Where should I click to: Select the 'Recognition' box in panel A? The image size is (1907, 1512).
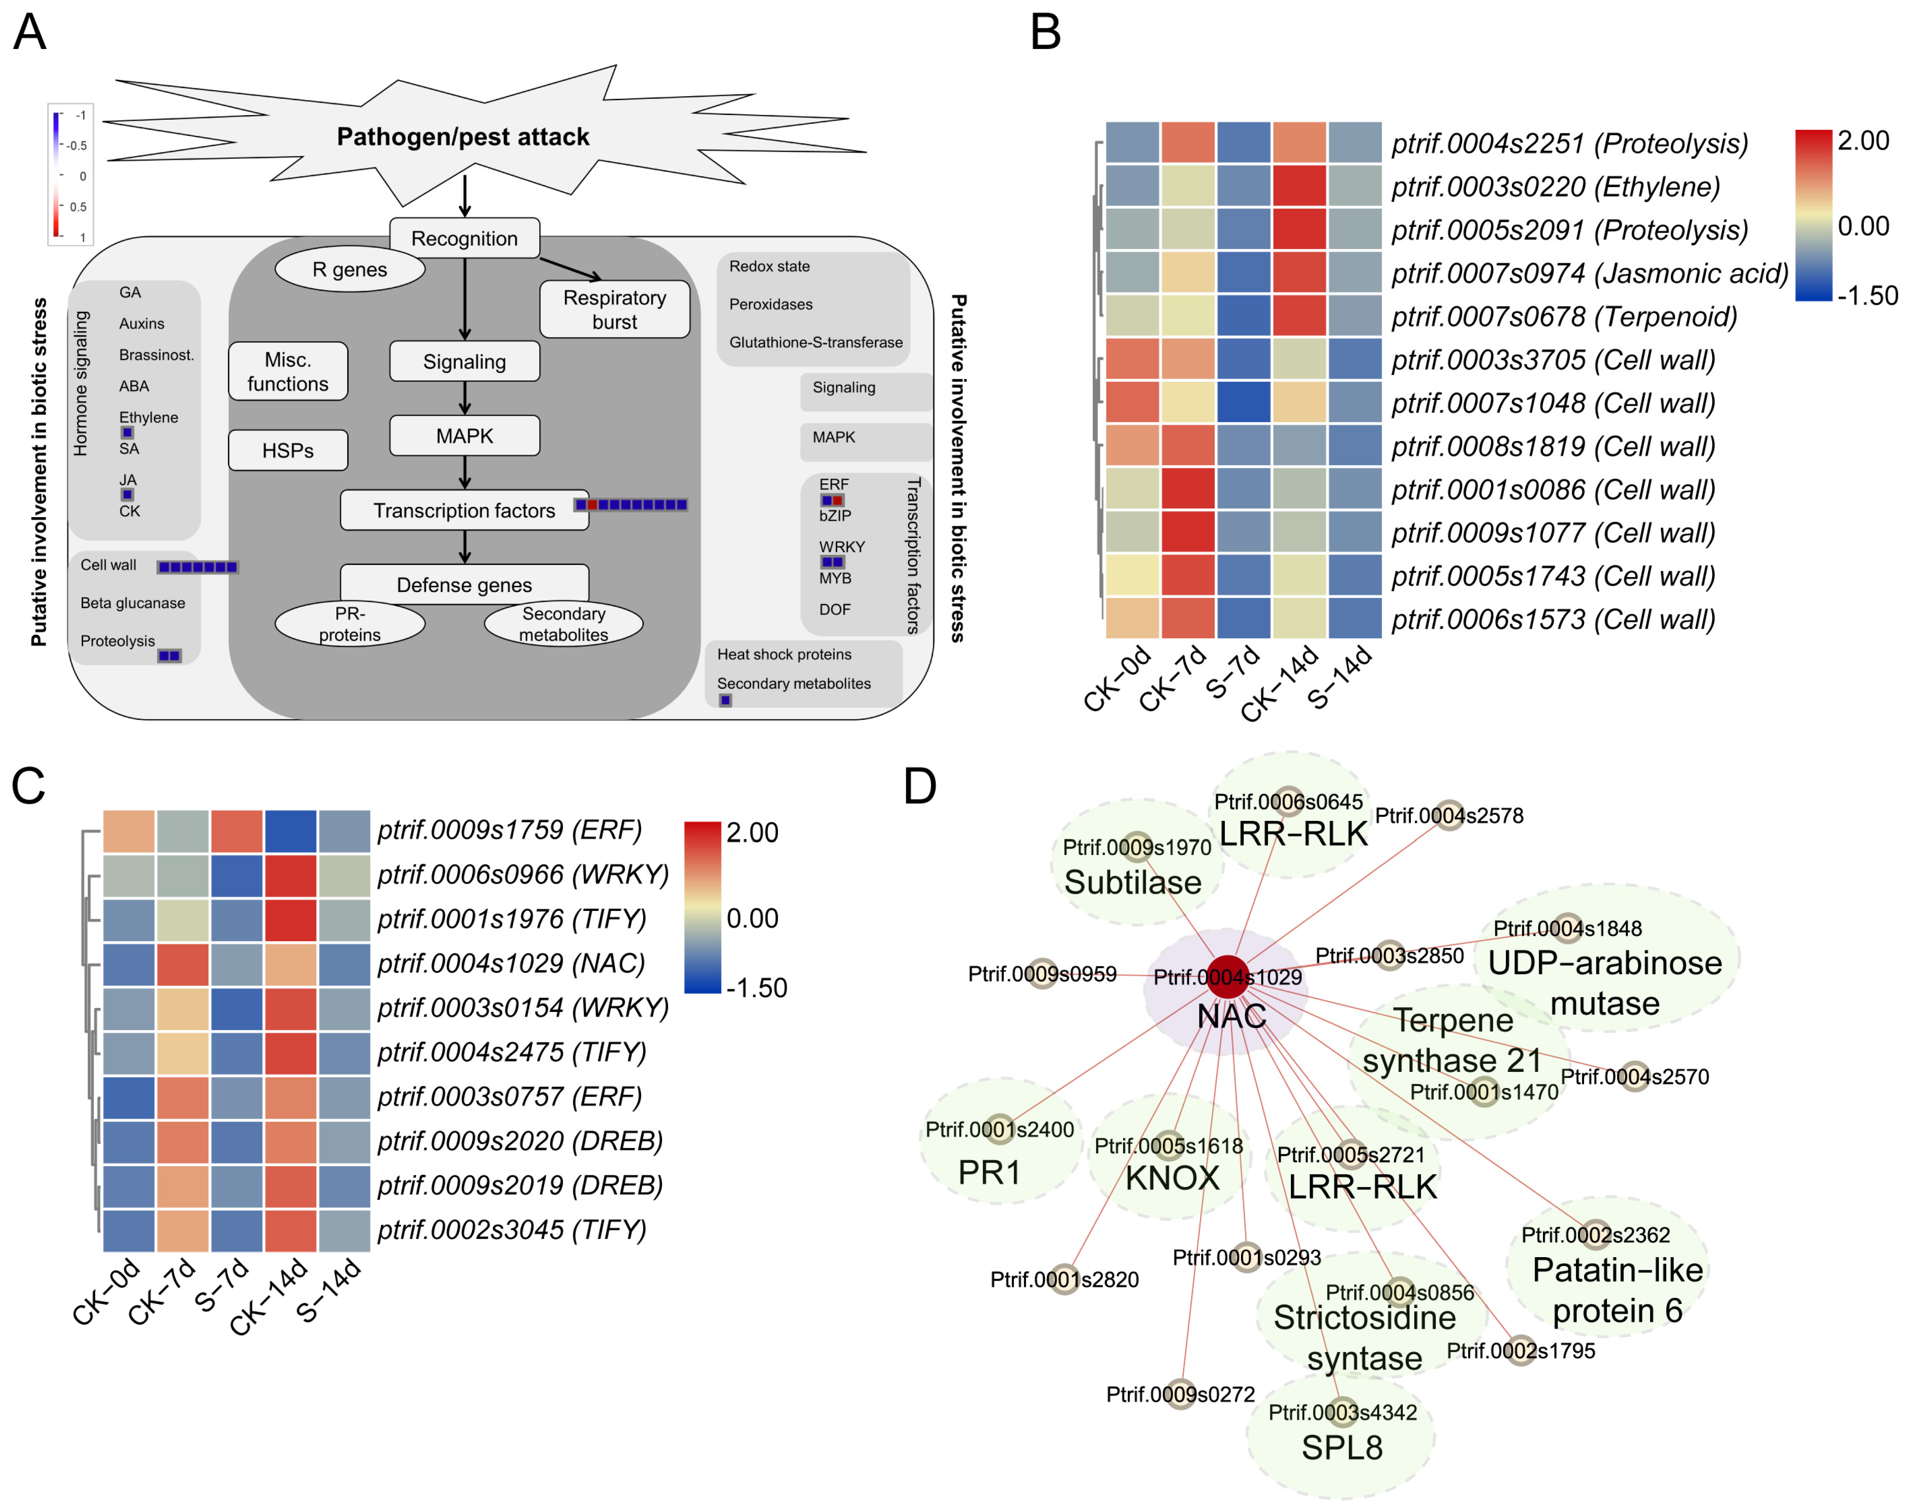pyautogui.click(x=465, y=238)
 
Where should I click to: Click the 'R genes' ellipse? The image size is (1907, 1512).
pyautogui.click(x=350, y=269)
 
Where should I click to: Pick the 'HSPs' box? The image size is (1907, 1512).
pyautogui.click(x=288, y=450)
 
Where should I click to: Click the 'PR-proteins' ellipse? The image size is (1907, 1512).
pyautogui.click(x=350, y=624)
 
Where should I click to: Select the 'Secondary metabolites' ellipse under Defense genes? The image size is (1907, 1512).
pyautogui.click(x=563, y=624)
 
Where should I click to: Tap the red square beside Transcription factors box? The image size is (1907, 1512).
pyautogui.click(x=592, y=504)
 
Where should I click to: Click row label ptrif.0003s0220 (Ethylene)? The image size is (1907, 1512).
pyautogui.click(x=1556, y=187)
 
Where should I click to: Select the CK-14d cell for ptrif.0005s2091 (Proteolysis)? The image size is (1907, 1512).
pyautogui.click(x=1299, y=229)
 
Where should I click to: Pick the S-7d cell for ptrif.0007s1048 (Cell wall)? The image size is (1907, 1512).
pyautogui.click(x=1244, y=403)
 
